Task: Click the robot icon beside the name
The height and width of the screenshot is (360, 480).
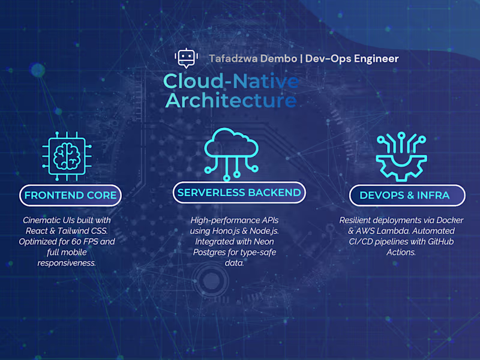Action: (x=185, y=58)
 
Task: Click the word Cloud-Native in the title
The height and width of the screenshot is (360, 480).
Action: (x=231, y=82)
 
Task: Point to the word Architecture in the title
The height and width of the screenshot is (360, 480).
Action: (x=231, y=100)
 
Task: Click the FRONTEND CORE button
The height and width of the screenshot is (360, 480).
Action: (x=70, y=195)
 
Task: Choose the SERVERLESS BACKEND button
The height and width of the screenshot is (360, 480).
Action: (x=239, y=193)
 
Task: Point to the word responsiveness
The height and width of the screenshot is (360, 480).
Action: (x=67, y=263)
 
